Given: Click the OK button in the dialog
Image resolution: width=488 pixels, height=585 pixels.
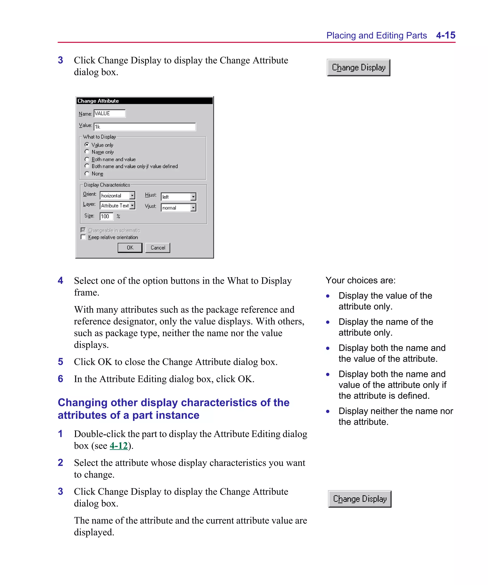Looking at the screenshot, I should tap(130, 248).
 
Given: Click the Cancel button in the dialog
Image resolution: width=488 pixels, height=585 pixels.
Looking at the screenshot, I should tap(158, 248).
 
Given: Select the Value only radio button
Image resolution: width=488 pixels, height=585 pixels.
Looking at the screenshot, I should tap(87, 145).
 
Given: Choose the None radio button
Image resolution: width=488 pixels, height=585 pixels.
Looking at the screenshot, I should tap(87, 174).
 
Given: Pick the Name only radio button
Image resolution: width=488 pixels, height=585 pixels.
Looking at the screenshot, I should tap(87, 152).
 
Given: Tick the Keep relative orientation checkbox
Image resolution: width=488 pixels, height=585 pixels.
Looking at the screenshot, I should tap(83, 237).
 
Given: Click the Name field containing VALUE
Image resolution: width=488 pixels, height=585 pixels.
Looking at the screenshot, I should tap(109, 113).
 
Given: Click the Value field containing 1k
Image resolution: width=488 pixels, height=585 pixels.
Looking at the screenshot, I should tap(144, 127).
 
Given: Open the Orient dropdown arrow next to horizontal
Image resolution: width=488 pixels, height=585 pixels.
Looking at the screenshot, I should tap(132, 195).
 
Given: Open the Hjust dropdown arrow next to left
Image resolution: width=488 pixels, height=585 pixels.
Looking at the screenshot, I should tap(193, 197).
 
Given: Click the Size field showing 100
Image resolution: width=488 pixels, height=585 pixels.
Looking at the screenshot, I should tap(106, 216).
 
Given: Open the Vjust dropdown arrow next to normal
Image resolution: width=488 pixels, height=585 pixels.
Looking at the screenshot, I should tap(193, 208).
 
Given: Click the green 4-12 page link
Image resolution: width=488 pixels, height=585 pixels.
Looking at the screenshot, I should tap(118, 446).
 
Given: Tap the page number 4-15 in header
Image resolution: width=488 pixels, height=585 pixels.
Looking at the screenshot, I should tap(445, 35).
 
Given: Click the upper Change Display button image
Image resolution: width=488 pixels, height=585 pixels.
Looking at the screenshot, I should tap(358, 68).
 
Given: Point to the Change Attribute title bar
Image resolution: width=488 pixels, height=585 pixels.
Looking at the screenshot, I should tap(144, 101).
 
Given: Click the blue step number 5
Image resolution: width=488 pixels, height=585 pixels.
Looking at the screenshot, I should tap(61, 362).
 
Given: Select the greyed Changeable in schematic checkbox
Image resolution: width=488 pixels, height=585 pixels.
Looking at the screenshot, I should tap(83, 230).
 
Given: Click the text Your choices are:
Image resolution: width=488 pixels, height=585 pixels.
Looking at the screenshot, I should tap(360, 280).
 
